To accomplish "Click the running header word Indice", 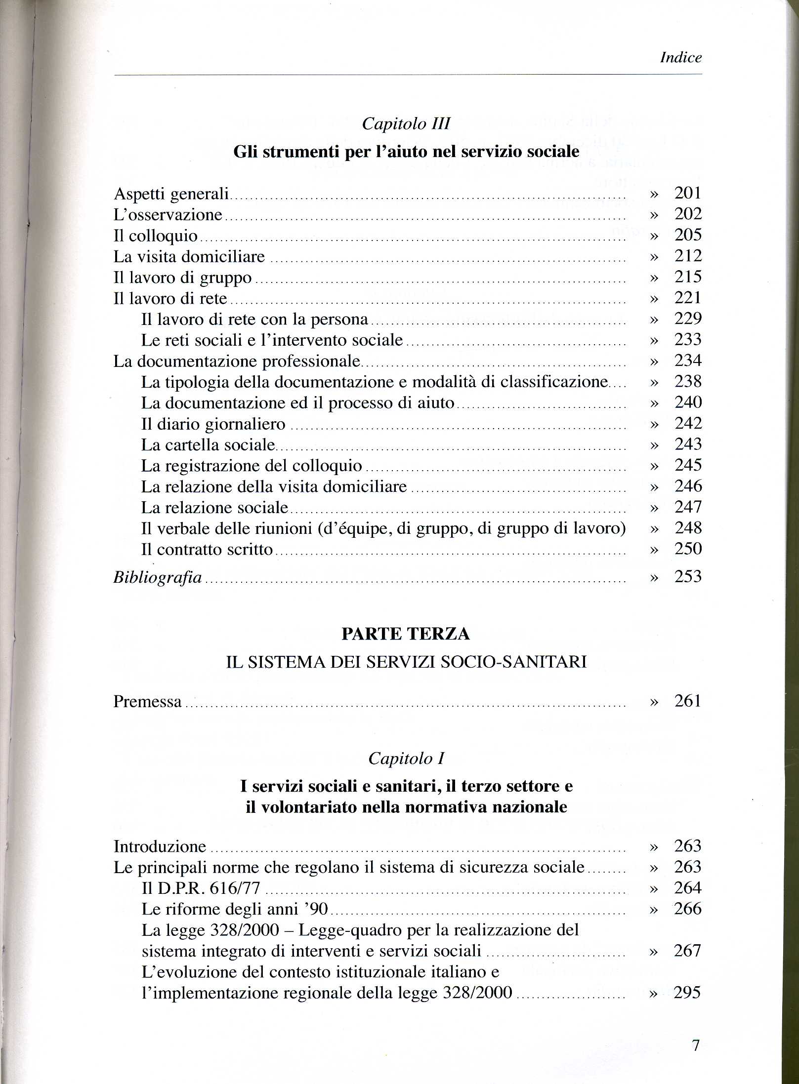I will tap(680, 58).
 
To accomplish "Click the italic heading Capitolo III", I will tap(406, 123).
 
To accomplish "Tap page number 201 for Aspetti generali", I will tap(688, 193).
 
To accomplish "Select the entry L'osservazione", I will tap(168, 215).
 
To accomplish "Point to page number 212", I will tap(688, 256).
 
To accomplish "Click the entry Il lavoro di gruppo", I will tap(183, 278).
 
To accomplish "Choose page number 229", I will tap(688, 319).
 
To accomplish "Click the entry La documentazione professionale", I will tap(237, 361).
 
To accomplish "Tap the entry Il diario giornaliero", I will tap(213, 424).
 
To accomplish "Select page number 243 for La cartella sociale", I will tap(688, 444).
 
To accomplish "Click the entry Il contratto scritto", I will tap(207, 549).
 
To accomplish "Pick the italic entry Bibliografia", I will tap(158, 577).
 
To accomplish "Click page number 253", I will tap(688, 576).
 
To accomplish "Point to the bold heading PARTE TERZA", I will tap(406, 634).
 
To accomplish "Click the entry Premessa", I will tap(148, 701).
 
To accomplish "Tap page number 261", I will tap(688, 701).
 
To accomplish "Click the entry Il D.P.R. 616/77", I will tap(201, 888).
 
